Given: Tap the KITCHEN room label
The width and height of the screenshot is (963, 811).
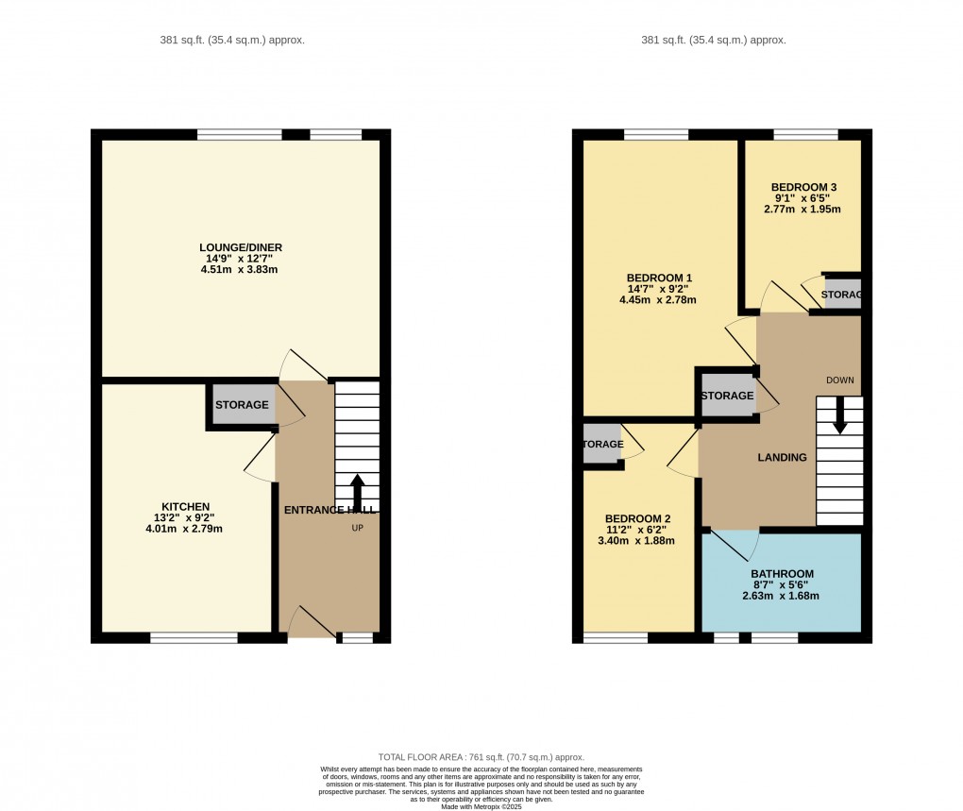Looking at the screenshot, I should click(185, 507).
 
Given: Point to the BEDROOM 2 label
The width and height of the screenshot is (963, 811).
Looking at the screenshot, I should click(637, 518).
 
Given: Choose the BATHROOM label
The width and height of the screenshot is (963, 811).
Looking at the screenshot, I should click(782, 574).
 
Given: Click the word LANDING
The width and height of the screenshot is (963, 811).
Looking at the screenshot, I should click(783, 458).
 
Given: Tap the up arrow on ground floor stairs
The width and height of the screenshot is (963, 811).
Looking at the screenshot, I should click(357, 492).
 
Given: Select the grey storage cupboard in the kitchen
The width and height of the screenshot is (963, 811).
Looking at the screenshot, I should click(242, 406).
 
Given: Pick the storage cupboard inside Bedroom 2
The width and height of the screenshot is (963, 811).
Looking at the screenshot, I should click(601, 444).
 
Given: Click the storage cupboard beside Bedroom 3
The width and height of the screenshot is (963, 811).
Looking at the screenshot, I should click(842, 295).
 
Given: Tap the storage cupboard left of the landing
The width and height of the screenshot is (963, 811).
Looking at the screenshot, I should click(727, 396).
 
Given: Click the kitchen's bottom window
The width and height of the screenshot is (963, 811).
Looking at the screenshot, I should click(194, 638).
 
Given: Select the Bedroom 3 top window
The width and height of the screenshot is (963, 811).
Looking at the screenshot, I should click(805, 134).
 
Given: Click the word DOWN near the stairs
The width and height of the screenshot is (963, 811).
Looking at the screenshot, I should click(839, 380).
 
